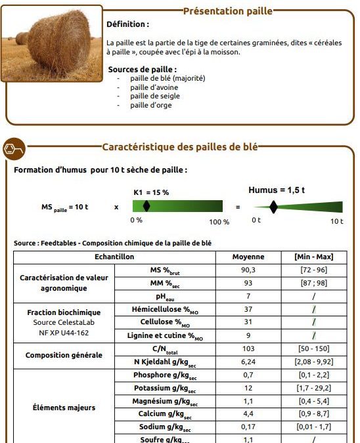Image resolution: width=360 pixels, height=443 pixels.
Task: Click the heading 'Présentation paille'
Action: click(x=227, y=11)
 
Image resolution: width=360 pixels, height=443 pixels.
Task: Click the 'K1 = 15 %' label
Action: click(x=151, y=192)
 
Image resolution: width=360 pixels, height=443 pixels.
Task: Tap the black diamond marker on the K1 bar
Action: click(x=146, y=206)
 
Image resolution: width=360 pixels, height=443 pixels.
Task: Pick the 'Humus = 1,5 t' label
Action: click(x=276, y=190)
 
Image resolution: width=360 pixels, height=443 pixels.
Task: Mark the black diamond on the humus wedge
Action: click(x=274, y=207)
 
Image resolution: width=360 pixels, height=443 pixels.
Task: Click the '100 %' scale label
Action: click(x=219, y=222)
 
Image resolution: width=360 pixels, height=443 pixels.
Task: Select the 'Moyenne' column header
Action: click(x=248, y=257)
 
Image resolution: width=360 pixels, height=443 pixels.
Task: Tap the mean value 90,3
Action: click(x=248, y=270)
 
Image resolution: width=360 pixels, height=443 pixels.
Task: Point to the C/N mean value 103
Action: click(x=248, y=348)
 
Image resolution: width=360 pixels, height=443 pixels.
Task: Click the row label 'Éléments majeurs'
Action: click(x=64, y=408)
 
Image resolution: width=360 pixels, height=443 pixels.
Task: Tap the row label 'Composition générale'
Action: click(x=64, y=355)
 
